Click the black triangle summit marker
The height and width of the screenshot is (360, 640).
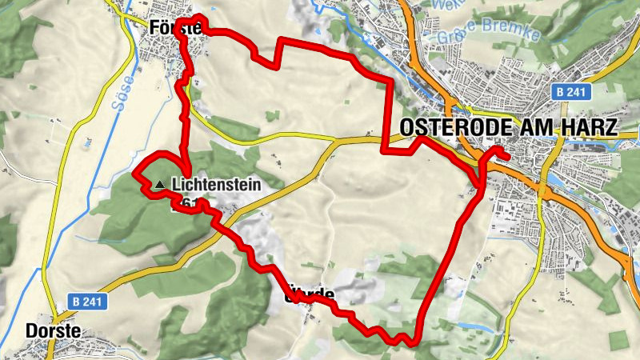[x=160, y=185]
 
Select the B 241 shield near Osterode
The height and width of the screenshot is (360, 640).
[x=570, y=93]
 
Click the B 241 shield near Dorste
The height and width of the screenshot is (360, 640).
[x=86, y=302]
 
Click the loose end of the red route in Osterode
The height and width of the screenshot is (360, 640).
[x=508, y=156]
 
